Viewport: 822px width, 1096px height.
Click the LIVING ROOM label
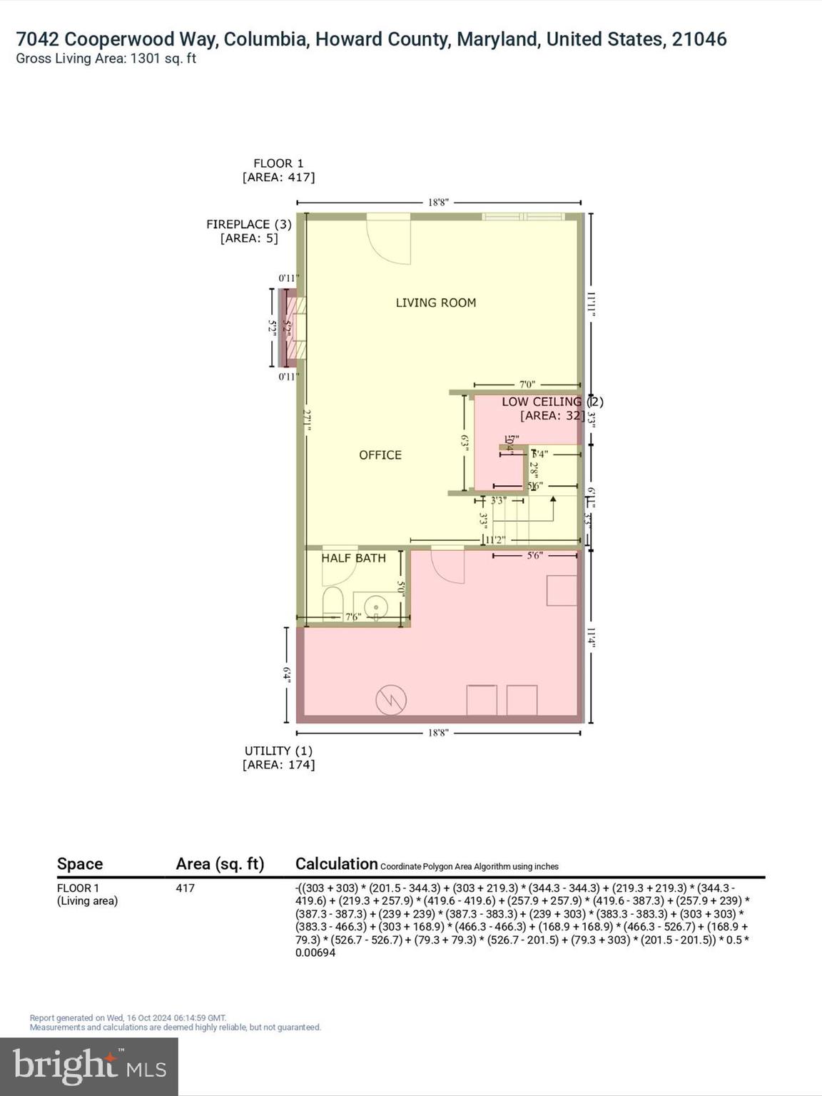click(x=435, y=303)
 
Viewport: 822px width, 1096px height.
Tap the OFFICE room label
click(x=380, y=455)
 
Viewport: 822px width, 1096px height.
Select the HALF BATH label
click(x=353, y=558)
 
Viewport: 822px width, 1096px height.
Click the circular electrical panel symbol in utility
click(x=391, y=699)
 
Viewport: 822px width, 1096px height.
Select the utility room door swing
click(x=450, y=567)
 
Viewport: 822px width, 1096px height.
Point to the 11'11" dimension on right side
click(x=591, y=303)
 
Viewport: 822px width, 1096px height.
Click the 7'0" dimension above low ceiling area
click(x=527, y=385)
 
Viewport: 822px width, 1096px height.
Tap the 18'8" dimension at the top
click(x=438, y=203)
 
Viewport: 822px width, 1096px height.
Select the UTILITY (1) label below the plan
click(x=278, y=751)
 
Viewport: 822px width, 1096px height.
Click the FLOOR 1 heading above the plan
click(x=278, y=163)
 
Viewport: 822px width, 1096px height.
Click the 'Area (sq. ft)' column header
click(x=220, y=864)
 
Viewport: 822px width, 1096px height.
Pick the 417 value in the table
click(x=185, y=888)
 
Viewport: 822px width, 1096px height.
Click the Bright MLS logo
click(x=89, y=1067)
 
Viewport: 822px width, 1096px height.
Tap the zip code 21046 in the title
click(x=699, y=39)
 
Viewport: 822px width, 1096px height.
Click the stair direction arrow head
click(x=553, y=499)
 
